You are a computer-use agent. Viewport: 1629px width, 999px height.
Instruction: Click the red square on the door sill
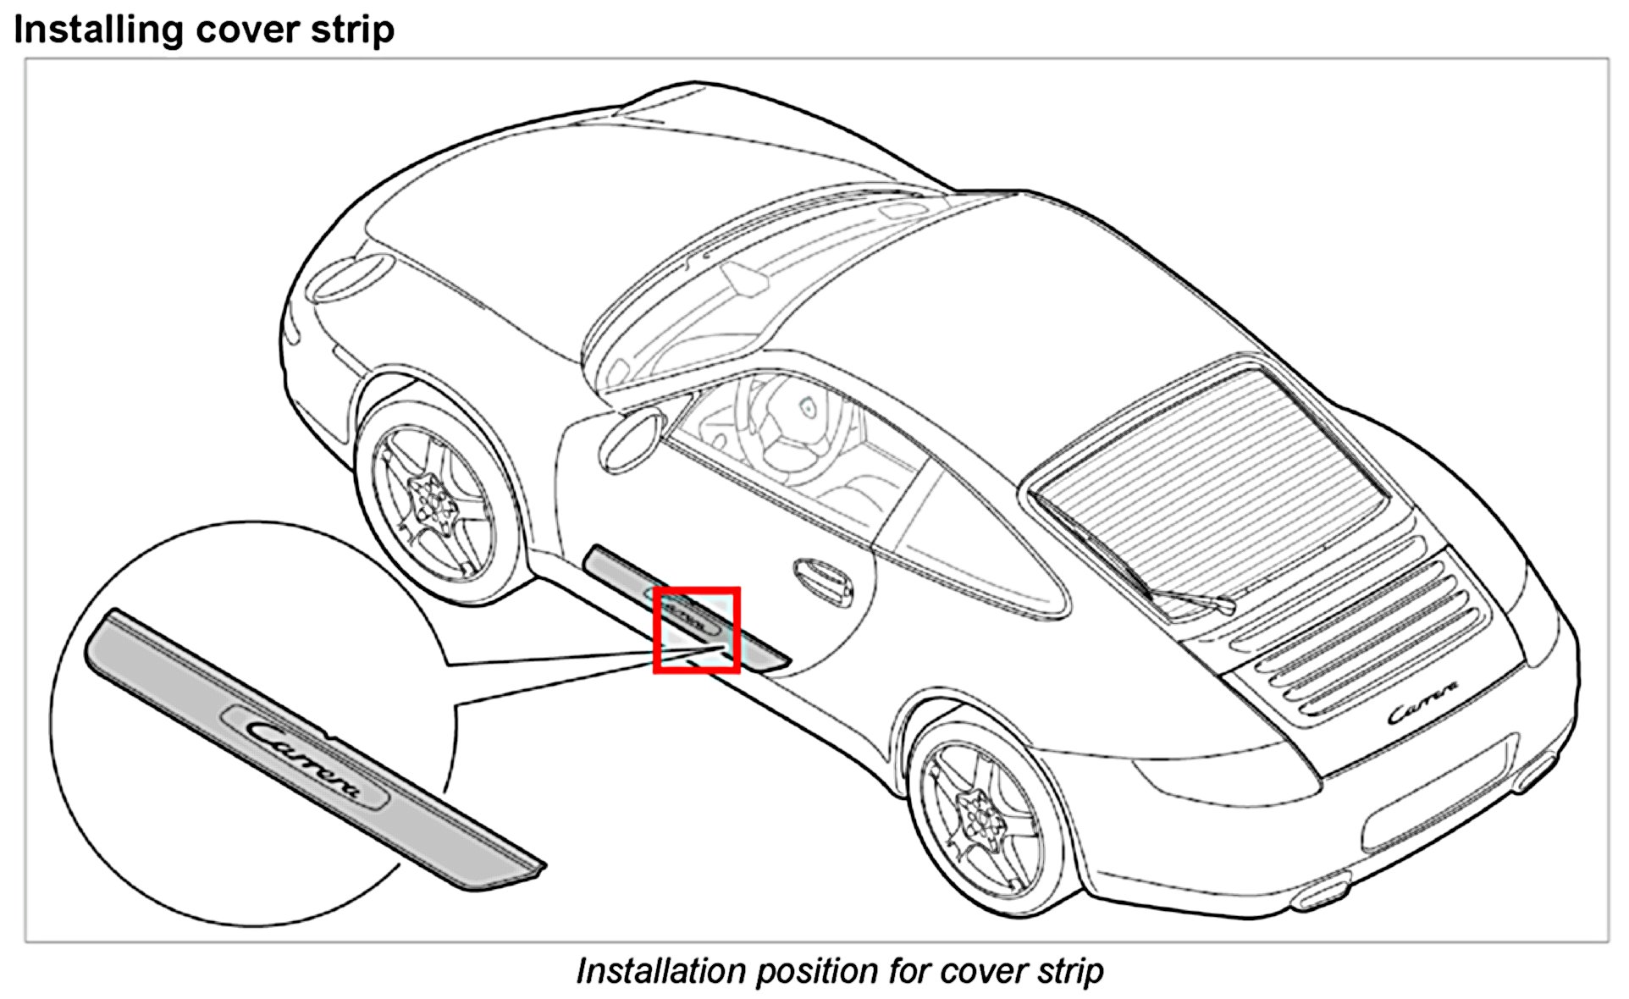[697, 630]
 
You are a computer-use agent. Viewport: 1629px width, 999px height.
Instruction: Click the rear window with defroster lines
[1211, 474]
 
